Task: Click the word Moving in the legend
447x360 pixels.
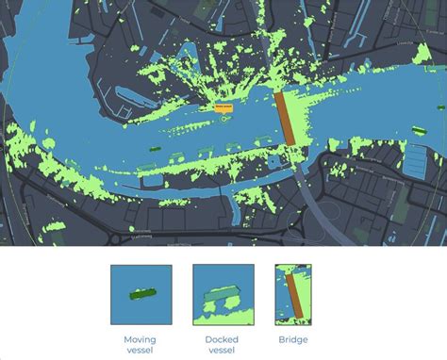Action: [140, 339]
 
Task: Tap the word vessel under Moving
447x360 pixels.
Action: [140, 351]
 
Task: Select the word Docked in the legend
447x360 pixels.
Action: [223, 339]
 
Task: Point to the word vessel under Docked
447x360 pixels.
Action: [223, 351]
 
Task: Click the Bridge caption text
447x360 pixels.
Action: [292, 339]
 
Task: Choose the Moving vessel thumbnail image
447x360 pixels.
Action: [140, 295]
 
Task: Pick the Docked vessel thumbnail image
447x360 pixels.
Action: [223, 295]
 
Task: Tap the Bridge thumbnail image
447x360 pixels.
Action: [292, 295]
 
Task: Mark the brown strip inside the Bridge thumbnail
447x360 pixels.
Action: [294, 296]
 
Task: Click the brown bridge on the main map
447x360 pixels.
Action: [287, 118]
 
